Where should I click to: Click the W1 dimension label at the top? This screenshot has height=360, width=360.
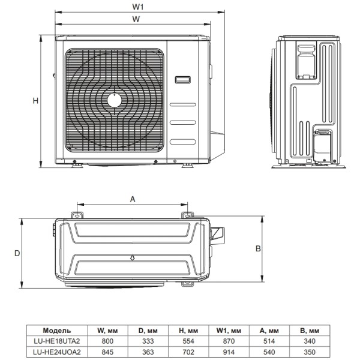point(137,7)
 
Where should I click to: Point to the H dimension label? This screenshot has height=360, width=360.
point(35,101)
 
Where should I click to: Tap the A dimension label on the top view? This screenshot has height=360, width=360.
point(133,199)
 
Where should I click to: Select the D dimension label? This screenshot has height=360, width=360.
point(17,254)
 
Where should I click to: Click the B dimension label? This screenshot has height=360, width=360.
point(257,248)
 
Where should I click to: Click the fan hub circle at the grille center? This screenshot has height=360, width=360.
point(114,100)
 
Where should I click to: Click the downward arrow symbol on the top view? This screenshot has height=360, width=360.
point(132,259)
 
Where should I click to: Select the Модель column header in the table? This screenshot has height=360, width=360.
point(58,330)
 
